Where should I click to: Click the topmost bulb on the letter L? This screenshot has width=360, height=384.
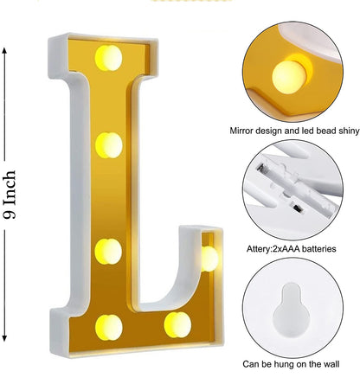click(108, 58)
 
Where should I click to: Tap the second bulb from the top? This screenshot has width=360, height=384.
click(109, 145)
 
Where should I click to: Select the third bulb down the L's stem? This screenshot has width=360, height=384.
click(108, 252)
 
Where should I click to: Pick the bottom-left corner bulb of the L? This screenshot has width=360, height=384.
click(109, 327)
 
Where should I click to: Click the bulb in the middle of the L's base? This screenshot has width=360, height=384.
click(177, 325)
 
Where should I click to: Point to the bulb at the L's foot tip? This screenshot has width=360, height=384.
click(209, 259)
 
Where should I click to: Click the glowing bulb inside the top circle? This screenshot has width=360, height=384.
click(289, 77)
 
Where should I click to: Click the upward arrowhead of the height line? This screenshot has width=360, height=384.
click(4, 51)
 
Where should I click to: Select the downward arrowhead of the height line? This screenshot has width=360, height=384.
click(4, 338)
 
